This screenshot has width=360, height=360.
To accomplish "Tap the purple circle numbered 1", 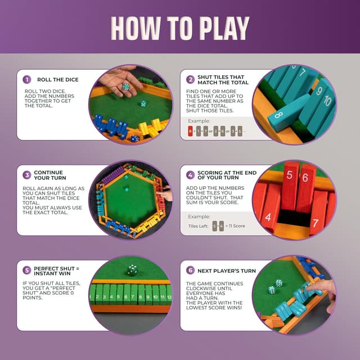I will [26, 79].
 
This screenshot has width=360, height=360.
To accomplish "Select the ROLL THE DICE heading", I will [58, 80].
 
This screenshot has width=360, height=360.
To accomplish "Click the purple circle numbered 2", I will [191, 79].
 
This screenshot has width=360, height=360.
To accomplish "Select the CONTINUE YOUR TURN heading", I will [49, 175].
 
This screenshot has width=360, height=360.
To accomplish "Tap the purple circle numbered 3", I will [26, 175].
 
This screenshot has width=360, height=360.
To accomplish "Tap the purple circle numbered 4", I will [191, 175].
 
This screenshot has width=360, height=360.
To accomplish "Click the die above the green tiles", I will [132, 270].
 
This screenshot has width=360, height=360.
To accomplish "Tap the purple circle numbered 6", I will [191, 271].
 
